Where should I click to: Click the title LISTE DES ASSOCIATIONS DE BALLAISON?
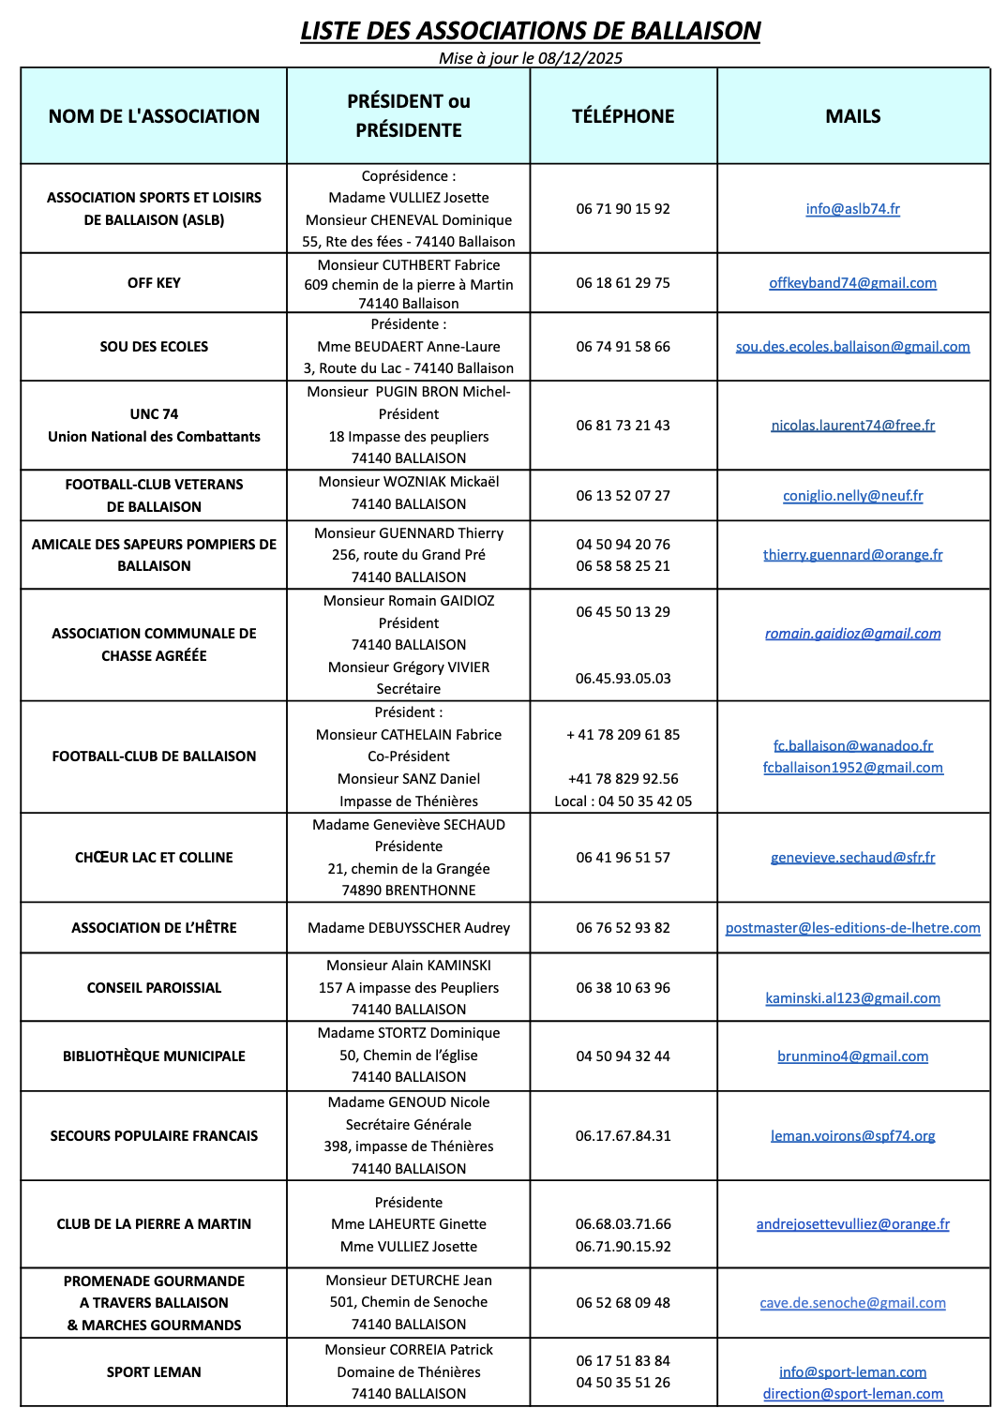[530, 31]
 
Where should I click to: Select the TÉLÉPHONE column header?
[623, 116]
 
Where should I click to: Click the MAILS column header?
[852, 116]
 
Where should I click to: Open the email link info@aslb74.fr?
[852, 209]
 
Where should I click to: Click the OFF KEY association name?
[154, 283]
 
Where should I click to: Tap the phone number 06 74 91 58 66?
[623, 347]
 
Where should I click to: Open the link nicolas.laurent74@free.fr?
[852, 426]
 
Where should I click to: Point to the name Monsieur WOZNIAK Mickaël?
[409, 482]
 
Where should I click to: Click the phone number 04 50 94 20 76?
[623, 545]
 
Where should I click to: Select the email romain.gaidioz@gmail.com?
[852, 634]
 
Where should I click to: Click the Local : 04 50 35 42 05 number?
[623, 801]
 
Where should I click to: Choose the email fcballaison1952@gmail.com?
[852, 768]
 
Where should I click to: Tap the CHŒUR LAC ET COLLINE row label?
[154, 858]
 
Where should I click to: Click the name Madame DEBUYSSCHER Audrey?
[409, 928]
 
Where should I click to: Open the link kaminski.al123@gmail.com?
[852, 998]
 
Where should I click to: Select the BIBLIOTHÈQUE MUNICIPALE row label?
[154, 1056]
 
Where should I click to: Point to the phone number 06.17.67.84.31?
[623, 1136]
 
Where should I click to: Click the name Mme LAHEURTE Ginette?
[409, 1224]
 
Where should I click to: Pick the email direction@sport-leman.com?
[852, 1394]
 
